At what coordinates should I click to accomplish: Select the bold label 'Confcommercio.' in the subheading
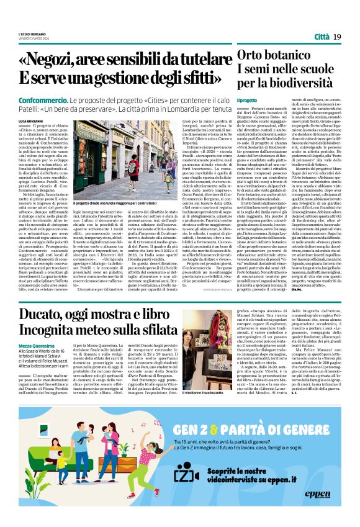pyautogui.click(x=42, y=100)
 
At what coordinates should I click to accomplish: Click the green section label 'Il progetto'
pyautogui.click(x=246, y=100)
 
